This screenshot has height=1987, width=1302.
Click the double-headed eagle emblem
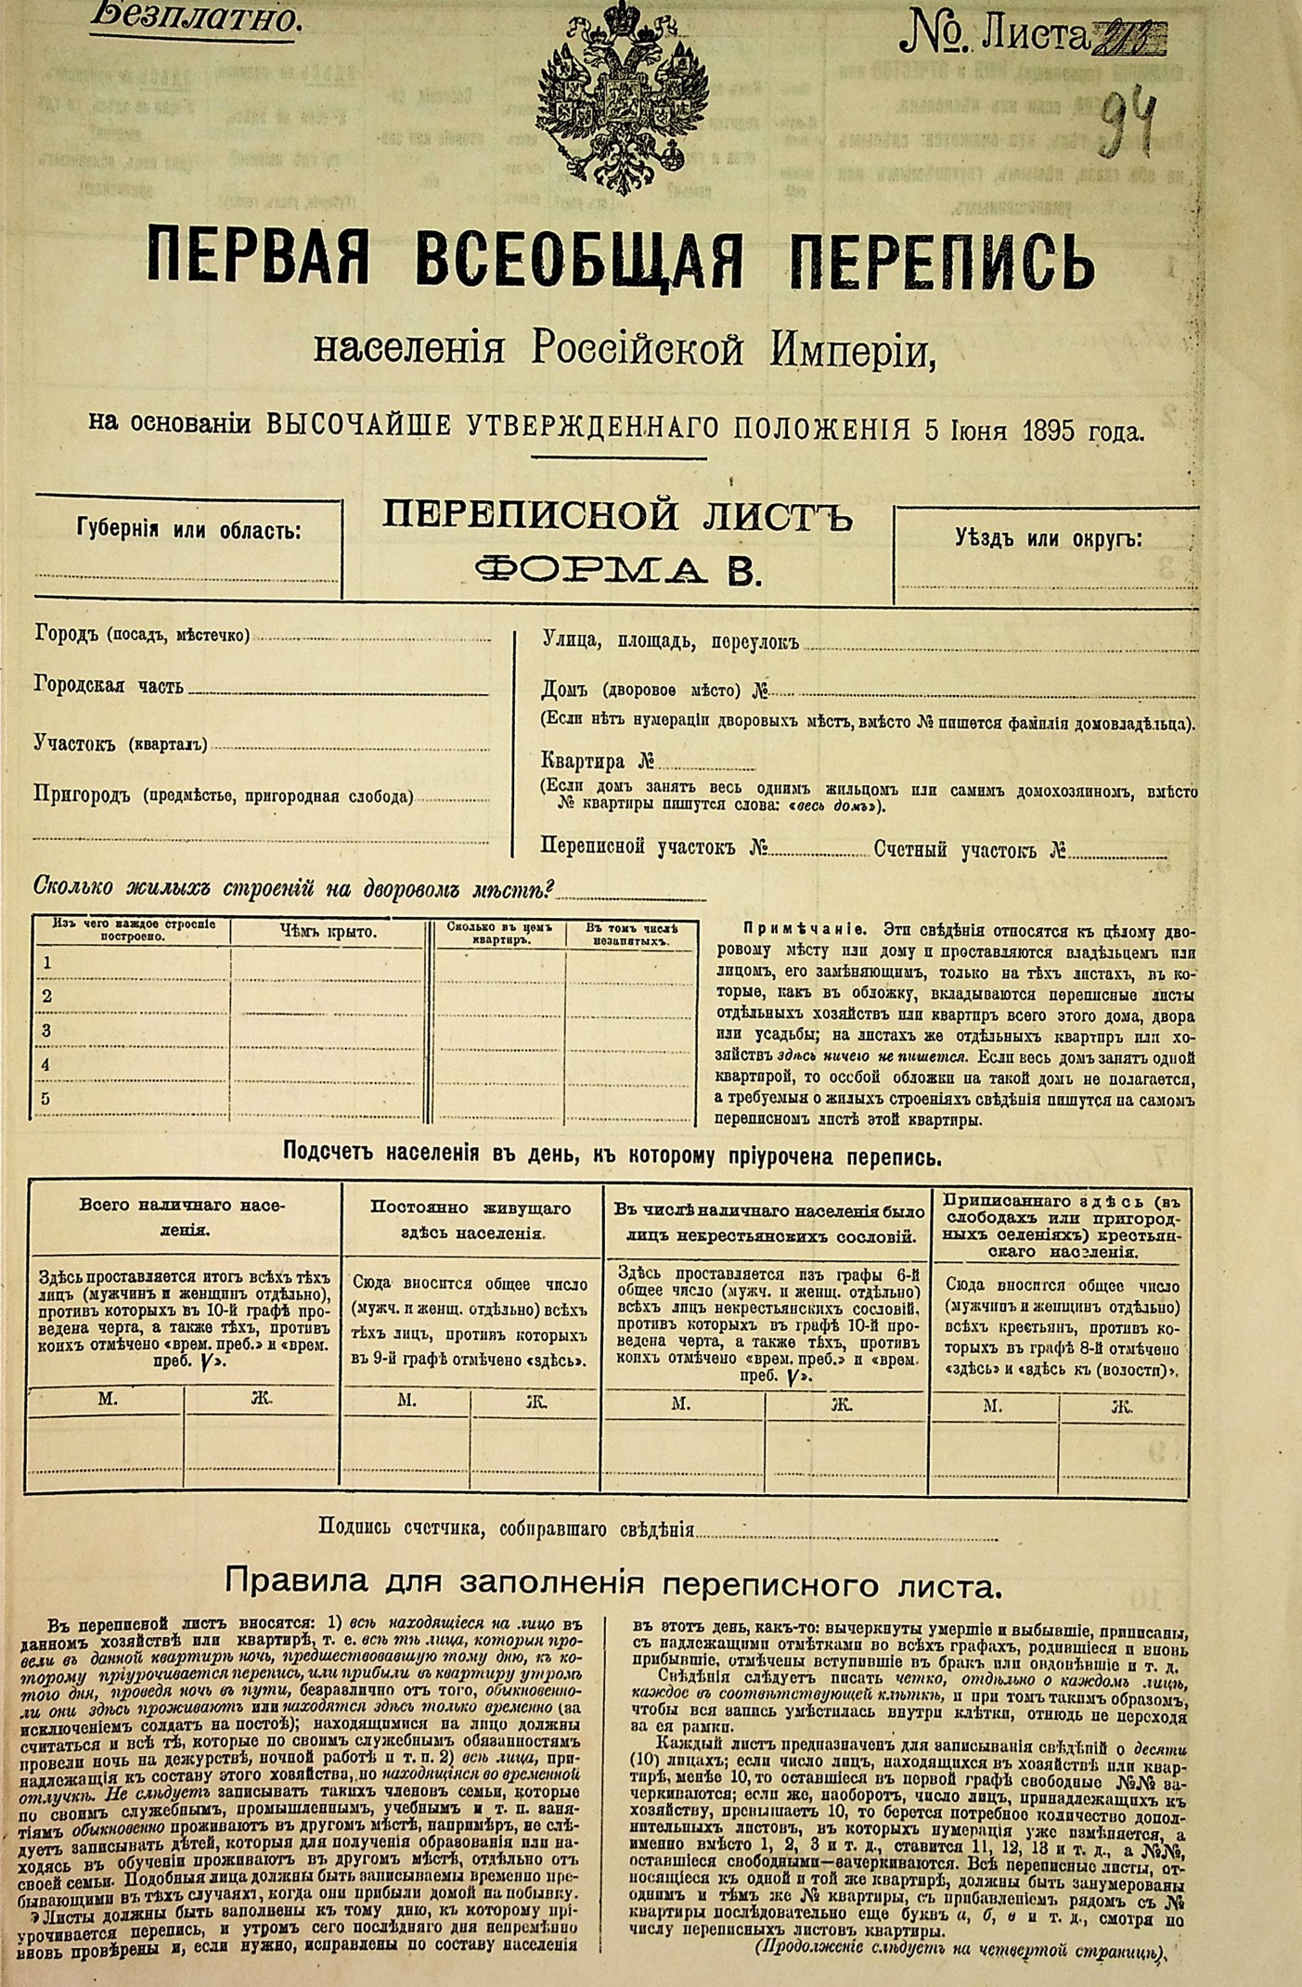tap(622, 97)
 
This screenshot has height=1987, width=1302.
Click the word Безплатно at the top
tap(196, 16)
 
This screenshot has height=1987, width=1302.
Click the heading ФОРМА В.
tap(617, 568)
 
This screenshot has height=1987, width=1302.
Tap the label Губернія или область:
tap(188, 530)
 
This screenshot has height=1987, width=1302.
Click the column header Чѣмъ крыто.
tap(328, 932)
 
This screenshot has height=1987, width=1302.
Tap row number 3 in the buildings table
tap(46, 1030)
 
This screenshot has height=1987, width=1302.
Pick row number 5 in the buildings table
tap(46, 1099)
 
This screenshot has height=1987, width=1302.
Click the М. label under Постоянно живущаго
tap(406, 1400)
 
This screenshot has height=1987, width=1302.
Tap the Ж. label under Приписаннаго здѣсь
tap(1121, 1406)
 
